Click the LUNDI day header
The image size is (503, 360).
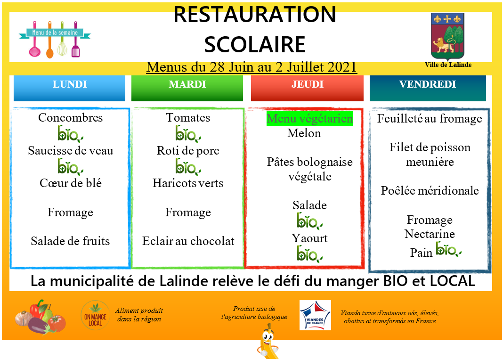(x=69, y=89)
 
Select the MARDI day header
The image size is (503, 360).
(x=187, y=89)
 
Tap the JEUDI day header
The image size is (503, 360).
(x=307, y=89)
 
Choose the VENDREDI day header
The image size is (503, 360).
(x=428, y=89)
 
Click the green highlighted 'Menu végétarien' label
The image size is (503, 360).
(x=309, y=118)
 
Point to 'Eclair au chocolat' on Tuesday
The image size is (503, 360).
(x=188, y=241)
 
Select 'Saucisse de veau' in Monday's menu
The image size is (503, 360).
(x=71, y=150)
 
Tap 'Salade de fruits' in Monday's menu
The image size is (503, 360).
(x=70, y=241)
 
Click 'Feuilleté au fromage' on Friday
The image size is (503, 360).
(x=430, y=119)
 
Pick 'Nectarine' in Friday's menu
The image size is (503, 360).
(x=430, y=234)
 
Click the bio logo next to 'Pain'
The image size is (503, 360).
(x=448, y=249)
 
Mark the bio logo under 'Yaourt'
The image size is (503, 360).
(x=309, y=254)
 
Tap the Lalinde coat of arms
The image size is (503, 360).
(x=447, y=36)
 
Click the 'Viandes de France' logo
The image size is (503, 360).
(x=315, y=315)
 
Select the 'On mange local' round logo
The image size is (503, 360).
(x=95, y=315)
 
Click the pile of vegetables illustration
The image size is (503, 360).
(x=41, y=318)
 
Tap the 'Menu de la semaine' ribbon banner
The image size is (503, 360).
(x=55, y=33)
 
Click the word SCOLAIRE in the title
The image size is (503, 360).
(x=255, y=45)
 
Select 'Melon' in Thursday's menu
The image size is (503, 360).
(x=304, y=133)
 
